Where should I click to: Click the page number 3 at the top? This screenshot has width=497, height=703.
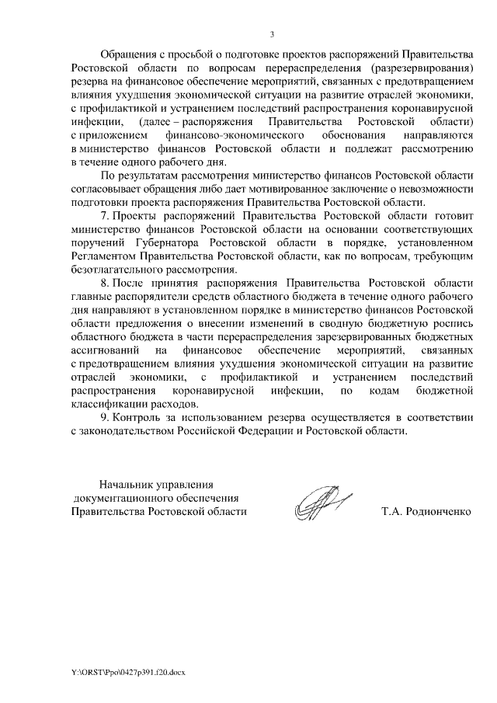(272, 33)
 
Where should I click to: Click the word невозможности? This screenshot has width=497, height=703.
(431, 190)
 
